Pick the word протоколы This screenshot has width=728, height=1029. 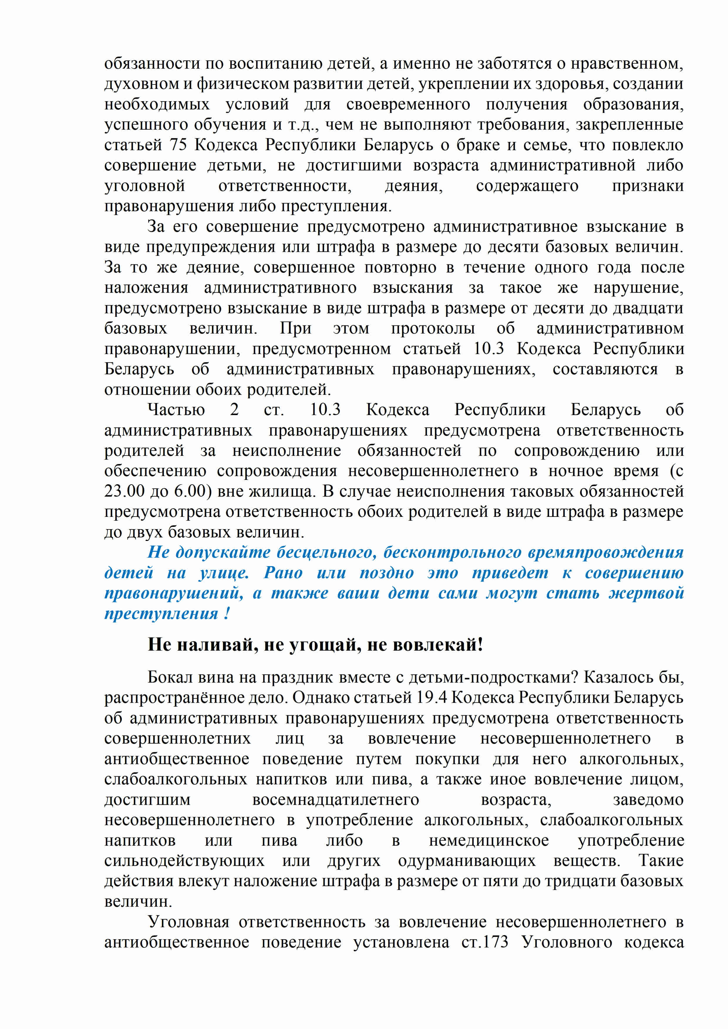(x=433, y=328)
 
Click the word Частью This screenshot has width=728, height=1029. (x=176, y=410)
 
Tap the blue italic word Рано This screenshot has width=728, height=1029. (x=283, y=573)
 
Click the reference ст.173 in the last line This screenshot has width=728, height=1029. (x=485, y=942)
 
